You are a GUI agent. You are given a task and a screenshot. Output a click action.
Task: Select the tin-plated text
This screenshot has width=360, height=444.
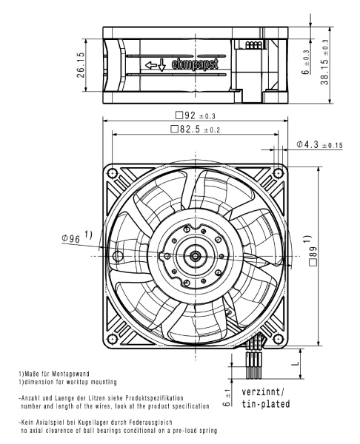(x=264, y=404)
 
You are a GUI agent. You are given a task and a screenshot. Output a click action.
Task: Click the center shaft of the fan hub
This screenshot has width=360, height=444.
(x=196, y=256)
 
